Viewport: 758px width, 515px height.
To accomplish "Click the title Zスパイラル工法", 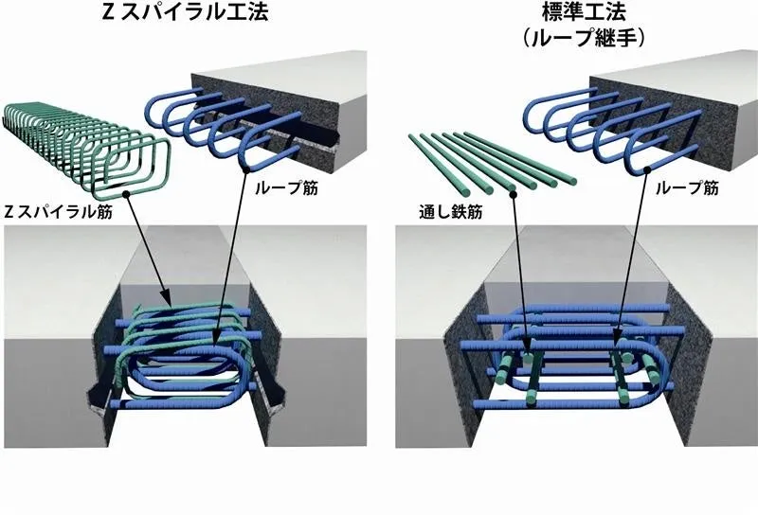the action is click(x=185, y=11).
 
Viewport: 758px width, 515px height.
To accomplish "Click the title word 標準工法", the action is click(x=584, y=11).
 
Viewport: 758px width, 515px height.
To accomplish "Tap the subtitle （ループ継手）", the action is click(x=584, y=38).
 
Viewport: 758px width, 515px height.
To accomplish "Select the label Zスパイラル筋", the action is click(x=58, y=212).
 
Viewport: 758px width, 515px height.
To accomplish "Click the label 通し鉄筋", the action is click(x=451, y=212).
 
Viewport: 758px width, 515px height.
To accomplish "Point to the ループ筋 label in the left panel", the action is click(x=286, y=188).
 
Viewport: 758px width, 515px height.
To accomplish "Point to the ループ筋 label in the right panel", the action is click(x=687, y=188).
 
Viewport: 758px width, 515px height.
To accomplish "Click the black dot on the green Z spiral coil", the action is click(x=126, y=194).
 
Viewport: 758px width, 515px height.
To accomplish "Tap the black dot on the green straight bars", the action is click(x=514, y=194).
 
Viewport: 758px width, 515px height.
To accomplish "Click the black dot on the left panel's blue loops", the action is click(x=246, y=169).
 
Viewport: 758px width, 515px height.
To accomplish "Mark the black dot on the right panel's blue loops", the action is click(x=646, y=170).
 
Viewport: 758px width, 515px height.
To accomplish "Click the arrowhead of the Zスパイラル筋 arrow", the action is click(x=167, y=297).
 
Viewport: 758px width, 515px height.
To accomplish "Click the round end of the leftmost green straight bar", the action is click(x=464, y=192).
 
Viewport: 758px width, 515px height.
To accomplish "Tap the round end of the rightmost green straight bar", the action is click(x=571, y=182).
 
